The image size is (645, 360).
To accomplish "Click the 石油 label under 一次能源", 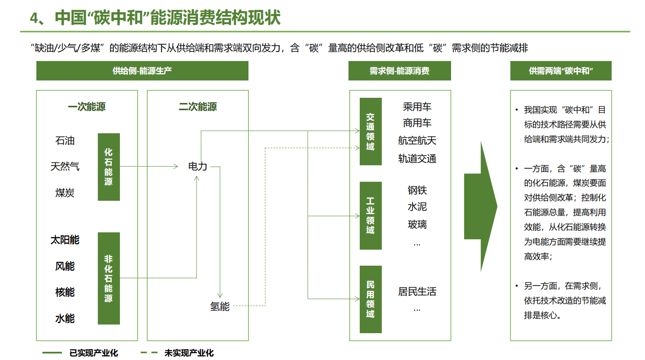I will [x=65, y=141].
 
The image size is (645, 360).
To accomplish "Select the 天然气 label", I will [x=65, y=167].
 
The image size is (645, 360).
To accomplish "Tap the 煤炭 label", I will [x=65, y=193].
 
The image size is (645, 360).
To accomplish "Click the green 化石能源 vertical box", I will [x=109, y=167].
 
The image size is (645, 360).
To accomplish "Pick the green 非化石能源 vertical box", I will [x=109, y=278].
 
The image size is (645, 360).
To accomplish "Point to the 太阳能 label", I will [x=65, y=240].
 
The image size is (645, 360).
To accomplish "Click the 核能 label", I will [x=65, y=292].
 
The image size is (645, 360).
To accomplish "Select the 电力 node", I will [x=197, y=167].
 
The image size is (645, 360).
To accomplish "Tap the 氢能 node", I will [x=220, y=307].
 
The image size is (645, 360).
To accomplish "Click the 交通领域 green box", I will [x=371, y=132].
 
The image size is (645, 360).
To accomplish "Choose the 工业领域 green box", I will [x=371, y=215].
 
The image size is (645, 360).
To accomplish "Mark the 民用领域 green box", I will [x=371, y=299].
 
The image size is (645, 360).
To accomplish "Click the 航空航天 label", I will [x=417, y=141].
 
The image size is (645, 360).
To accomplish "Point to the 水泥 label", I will [x=417, y=207].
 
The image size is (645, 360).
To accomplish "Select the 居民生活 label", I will [x=417, y=292].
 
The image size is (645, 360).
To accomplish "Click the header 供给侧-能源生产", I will [x=142, y=71].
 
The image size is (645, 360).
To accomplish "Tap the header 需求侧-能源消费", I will [x=400, y=71].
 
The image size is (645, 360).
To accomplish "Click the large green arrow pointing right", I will [x=481, y=207].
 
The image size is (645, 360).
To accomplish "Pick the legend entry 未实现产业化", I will [x=189, y=353].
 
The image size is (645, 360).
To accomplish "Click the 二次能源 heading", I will [x=198, y=107].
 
